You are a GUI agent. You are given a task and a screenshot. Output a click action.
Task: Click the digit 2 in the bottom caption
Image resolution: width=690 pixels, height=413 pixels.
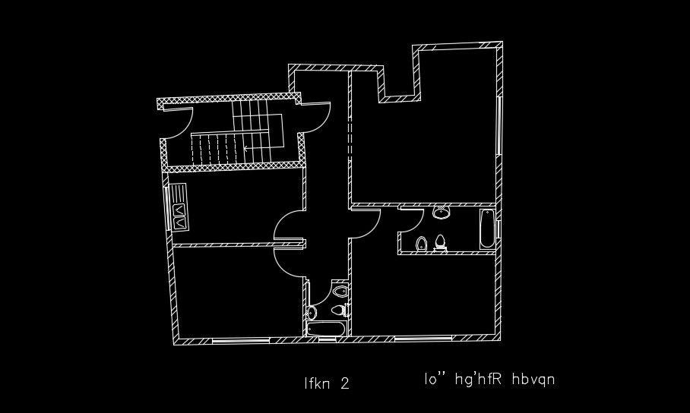point(345,383)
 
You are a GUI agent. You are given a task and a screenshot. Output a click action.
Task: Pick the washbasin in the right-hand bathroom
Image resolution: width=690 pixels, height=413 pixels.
point(441,213)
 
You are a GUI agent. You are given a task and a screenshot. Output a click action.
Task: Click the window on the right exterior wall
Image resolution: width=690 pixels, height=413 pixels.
point(499,125)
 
